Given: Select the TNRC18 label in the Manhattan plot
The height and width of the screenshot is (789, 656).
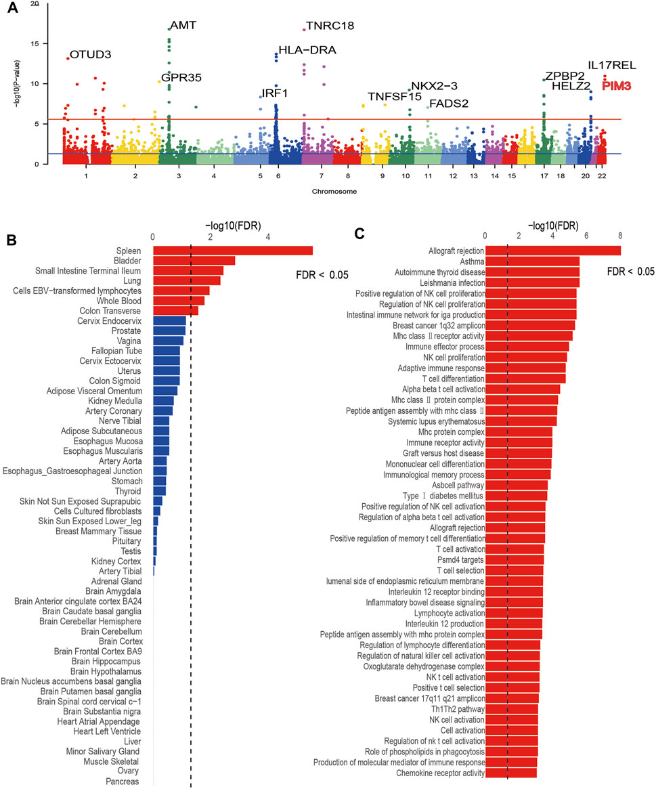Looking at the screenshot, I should click(x=330, y=26).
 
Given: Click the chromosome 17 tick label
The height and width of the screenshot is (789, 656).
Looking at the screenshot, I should click(x=543, y=175).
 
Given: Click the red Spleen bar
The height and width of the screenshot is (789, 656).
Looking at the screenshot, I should click(x=233, y=251).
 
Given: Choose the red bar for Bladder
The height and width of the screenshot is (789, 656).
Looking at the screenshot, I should click(x=194, y=261).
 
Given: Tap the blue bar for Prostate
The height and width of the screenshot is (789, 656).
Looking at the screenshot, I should click(x=169, y=330).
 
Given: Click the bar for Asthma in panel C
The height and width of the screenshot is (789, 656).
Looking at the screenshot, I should click(x=532, y=261).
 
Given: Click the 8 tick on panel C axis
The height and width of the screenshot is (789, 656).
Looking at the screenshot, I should click(x=620, y=234).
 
